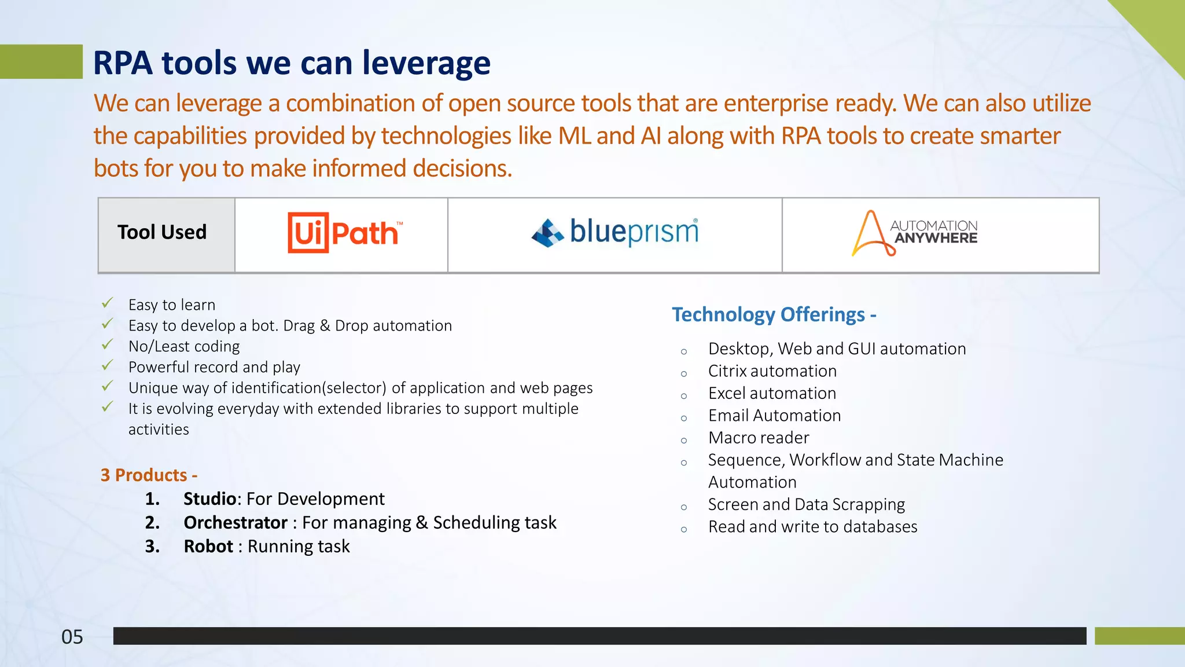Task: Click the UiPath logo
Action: [x=345, y=233]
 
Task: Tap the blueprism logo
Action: [x=614, y=233]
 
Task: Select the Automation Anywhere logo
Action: [x=914, y=233]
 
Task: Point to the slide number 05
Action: [x=72, y=637]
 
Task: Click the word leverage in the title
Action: [x=426, y=63]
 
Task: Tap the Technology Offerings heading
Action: [x=774, y=314]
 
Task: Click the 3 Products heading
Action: [x=149, y=475]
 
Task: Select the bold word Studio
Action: [x=209, y=499]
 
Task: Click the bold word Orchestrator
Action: [x=235, y=522]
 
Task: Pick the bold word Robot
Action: [x=208, y=546]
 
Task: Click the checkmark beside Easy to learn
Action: [x=108, y=303]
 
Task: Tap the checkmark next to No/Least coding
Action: [x=108, y=345]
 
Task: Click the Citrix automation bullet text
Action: [x=772, y=371]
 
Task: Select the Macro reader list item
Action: [x=758, y=438]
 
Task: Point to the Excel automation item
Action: [x=772, y=393]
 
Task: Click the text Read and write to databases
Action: [x=812, y=527]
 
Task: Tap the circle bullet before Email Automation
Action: [x=684, y=418]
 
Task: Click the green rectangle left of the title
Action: [x=41, y=61]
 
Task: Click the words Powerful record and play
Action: [x=214, y=367]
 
